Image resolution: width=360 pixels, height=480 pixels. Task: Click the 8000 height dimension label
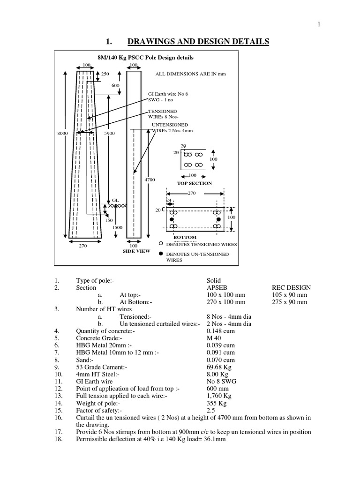(x=63, y=134)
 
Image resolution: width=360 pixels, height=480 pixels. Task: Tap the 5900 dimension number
(x=109, y=134)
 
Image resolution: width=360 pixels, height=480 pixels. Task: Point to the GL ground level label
(x=115, y=200)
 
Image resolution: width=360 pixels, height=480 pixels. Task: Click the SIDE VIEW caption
(x=136, y=251)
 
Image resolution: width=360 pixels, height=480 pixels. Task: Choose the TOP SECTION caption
(x=194, y=183)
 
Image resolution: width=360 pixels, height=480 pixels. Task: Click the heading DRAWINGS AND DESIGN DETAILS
(x=198, y=42)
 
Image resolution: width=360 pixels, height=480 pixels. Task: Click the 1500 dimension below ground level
(x=117, y=227)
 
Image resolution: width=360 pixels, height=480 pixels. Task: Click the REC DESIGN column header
(x=291, y=287)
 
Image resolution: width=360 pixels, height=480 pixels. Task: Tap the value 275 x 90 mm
(x=290, y=302)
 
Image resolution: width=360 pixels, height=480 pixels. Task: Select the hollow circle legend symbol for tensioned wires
(x=160, y=244)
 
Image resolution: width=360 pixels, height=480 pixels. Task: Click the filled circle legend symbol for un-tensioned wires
(x=160, y=254)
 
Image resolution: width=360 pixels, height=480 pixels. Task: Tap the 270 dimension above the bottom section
(x=191, y=193)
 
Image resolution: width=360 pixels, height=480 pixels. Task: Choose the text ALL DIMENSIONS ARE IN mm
(x=190, y=74)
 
